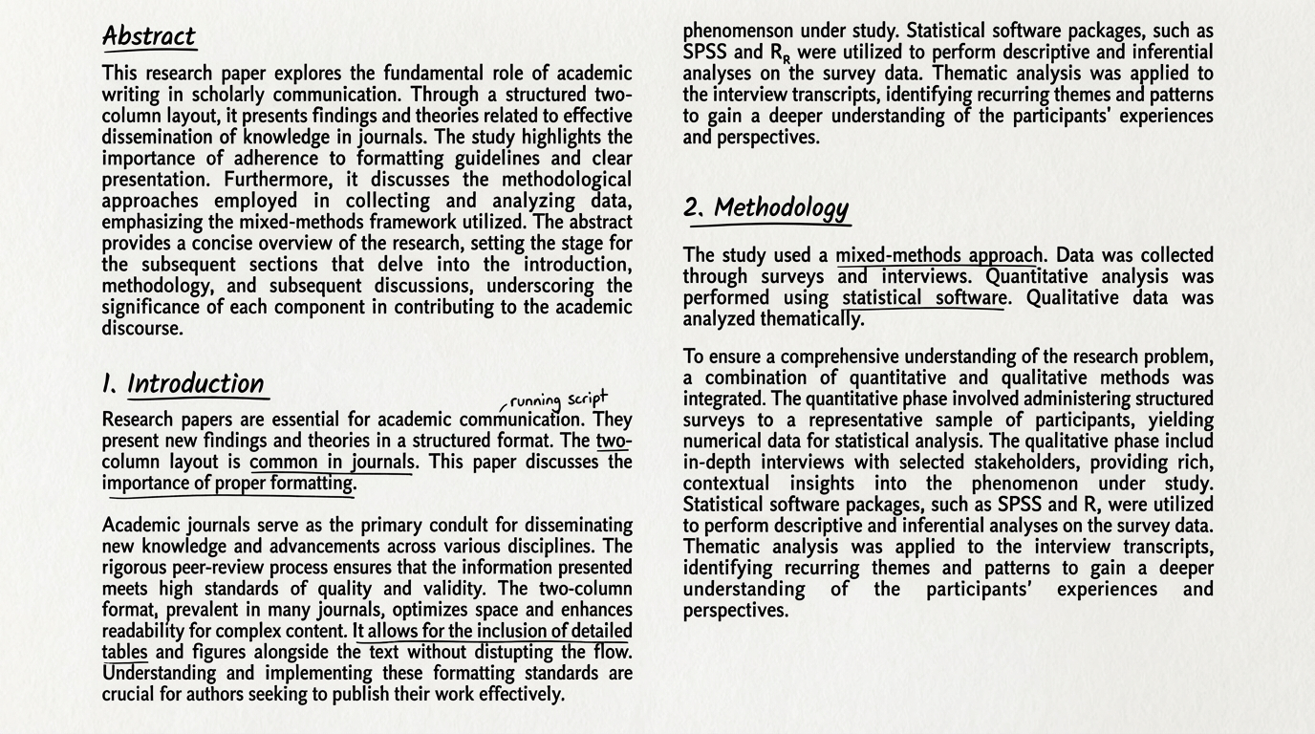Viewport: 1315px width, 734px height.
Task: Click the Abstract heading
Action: (x=148, y=36)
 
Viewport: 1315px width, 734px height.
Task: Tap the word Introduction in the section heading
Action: (x=196, y=383)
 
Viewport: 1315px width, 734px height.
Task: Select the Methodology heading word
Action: (x=781, y=207)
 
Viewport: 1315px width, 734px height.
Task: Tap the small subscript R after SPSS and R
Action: (x=786, y=59)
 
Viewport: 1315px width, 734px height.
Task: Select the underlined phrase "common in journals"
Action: (x=332, y=462)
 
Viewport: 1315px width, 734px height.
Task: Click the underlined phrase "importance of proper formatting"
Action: (x=228, y=483)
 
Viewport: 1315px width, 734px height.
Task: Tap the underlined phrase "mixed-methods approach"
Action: (x=938, y=255)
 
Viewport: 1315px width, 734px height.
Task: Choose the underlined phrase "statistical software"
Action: (x=924, y=297)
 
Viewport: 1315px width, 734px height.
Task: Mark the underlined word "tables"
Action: (x=124, y=652)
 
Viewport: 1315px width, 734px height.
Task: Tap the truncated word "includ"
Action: (x=1182, y=441)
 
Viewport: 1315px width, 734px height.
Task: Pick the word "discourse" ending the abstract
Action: (x=141, y=328)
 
